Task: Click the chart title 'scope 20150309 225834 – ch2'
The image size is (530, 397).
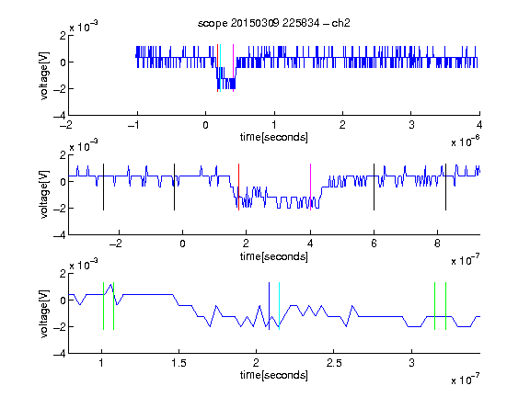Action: pos(274,23)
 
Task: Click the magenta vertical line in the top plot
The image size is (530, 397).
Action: pos(233,68)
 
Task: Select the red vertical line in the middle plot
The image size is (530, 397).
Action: pos(238,187)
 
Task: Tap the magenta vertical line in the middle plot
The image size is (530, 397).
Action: pos(310,187)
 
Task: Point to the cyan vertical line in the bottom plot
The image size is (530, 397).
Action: pos(279,306)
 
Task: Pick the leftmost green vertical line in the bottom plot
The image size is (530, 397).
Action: pos(103,306)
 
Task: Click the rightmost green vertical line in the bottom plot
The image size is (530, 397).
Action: pos(446,306)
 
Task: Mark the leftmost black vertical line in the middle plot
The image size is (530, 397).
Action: pos(103,187)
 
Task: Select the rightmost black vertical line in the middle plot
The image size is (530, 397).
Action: pos(445,187)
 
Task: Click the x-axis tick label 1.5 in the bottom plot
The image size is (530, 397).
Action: pos(179,363)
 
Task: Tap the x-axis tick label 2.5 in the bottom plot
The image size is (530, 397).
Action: pos(334,363)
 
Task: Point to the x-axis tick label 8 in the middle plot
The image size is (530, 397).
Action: pos(437,244)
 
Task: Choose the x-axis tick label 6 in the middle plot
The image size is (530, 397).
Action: pos(374,244)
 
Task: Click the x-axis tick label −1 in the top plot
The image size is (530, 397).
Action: pos(134,125)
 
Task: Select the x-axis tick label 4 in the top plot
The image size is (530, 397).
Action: pos(479,125)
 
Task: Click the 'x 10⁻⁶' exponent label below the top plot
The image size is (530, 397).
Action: pos(466,142)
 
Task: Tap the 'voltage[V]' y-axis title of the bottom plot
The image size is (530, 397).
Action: pos(44,313)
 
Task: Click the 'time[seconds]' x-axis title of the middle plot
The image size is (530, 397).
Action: pos(274,256)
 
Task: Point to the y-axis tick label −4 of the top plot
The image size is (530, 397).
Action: pos(60,115)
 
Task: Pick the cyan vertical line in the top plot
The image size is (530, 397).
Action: pos(220,68)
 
